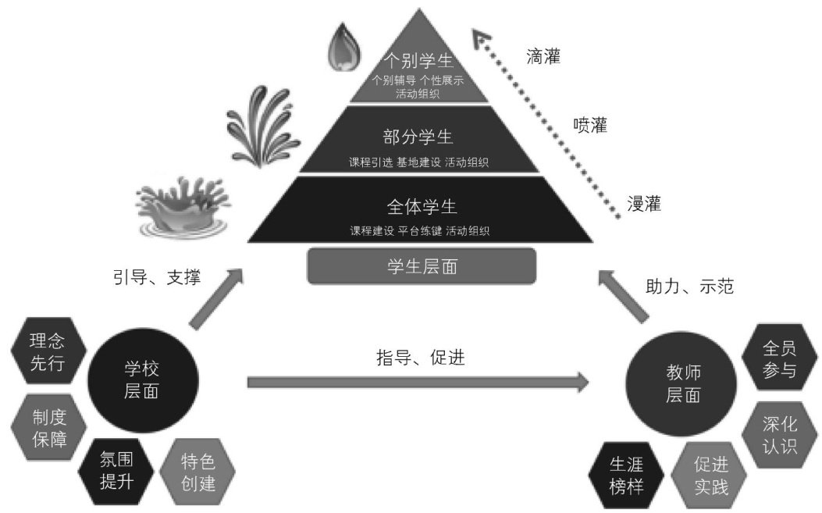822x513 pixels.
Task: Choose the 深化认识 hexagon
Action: pyautogui.click(x=779, y=434)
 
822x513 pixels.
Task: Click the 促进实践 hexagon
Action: pyautogui.click(x=710, y=476)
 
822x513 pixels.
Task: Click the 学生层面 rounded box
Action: pyautogui.click(x=422, y=266)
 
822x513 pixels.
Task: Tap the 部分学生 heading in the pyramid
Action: pyautogui.click(x=420, y=137)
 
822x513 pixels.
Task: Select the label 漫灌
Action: pyautogui.click(x=644, y=205)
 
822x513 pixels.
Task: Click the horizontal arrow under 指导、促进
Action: pyautogui.click(x=418, y=383)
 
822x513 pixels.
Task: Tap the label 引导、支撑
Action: pyautogui.click(x=157, y=276)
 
